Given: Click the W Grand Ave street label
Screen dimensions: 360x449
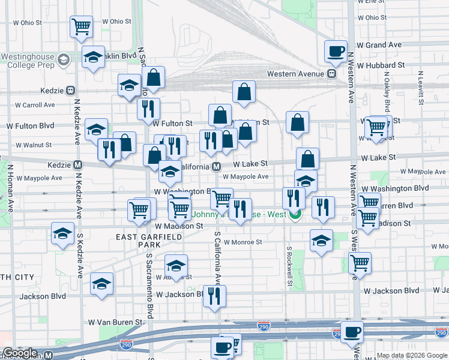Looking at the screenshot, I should coord(379,45).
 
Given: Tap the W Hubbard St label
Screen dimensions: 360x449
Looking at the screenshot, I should coord(380,65).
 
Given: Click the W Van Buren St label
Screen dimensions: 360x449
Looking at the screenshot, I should coord(115,322).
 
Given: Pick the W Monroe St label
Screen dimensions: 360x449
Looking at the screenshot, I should coord(243,242).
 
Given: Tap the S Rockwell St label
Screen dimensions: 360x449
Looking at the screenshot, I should coord(289,264).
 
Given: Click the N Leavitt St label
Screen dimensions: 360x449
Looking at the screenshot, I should coord(421,85).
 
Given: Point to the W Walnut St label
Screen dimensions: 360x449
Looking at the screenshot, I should coord(34,145).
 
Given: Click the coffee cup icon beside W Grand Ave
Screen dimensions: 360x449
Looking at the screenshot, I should coord(336,50).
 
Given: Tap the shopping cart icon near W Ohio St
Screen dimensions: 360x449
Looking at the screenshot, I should coord(81,26).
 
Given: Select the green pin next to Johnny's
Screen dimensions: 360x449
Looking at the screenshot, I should coord(295,215).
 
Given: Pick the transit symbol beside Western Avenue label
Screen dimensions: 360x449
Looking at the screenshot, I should coord(331,74).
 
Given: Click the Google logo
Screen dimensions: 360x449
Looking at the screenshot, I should coord(19,353).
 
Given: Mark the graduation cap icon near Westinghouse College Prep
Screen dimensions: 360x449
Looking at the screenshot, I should coord(93,57).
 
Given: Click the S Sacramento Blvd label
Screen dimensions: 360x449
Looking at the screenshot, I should coord(149,285).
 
